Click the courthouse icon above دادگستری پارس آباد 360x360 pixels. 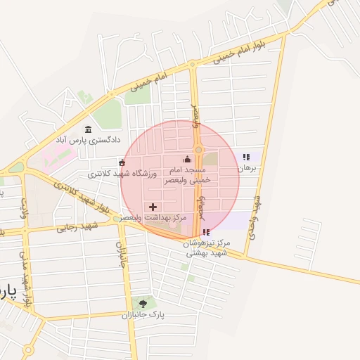[88, 129]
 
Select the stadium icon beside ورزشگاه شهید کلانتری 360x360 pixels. [122, 163]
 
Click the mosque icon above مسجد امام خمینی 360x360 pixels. [186, 159]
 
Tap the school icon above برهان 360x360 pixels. [245, 157]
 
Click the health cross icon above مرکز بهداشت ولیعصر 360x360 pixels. [153, 207]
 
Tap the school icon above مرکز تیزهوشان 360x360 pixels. [205, 232]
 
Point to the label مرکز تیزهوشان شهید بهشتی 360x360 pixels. [207, 247]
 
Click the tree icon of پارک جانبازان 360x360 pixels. [144, 304]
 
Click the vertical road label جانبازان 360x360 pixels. [119, 249]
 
